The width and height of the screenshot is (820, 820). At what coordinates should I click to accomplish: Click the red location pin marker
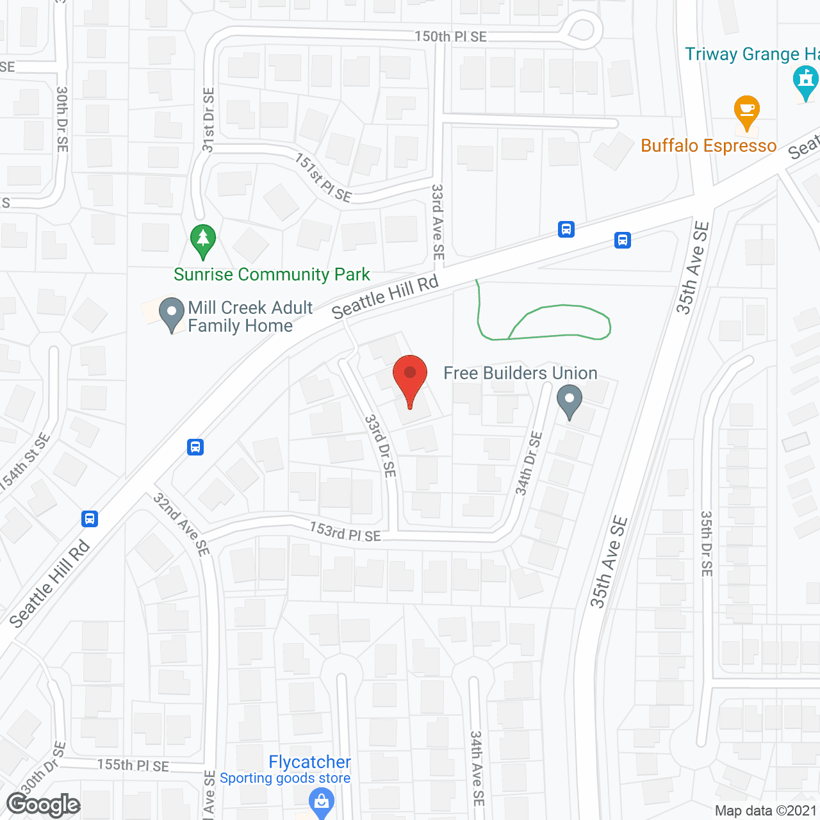pos(409,378)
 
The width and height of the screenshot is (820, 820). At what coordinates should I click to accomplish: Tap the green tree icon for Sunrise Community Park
pos(203,241)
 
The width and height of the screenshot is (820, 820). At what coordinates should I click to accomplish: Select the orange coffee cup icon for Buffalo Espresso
pos(746,112)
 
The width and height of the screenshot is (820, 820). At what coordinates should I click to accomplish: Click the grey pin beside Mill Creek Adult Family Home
pos(171,314)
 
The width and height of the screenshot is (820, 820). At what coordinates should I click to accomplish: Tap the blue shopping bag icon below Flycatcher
pos(322,801)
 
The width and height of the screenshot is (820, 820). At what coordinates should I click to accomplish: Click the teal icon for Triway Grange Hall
pos(805,82)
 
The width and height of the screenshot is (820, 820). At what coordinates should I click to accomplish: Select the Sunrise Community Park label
pos(272,275)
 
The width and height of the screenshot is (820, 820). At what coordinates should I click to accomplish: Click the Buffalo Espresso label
pos(709,146)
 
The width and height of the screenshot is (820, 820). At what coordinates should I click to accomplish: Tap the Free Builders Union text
pos(520,373)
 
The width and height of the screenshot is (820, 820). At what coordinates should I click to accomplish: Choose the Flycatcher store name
pos(309,762)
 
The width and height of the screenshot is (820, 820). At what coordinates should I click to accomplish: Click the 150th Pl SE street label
pos(450,37)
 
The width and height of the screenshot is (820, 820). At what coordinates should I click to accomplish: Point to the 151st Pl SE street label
pos(324,177)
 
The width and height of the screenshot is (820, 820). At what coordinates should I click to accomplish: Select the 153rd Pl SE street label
pos(345,532)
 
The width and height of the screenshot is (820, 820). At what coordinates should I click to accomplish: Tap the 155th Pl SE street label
pos(133,765)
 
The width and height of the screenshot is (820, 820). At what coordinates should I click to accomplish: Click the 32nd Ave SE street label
pos(182,524)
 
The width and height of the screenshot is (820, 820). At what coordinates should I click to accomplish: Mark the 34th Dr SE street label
pos(529,463)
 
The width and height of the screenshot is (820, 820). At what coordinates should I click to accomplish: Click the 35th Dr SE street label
pos(706,543)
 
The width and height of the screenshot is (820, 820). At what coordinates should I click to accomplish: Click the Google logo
pos(43,805)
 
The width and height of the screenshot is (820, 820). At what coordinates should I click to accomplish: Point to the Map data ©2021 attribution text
pos(766,810)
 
